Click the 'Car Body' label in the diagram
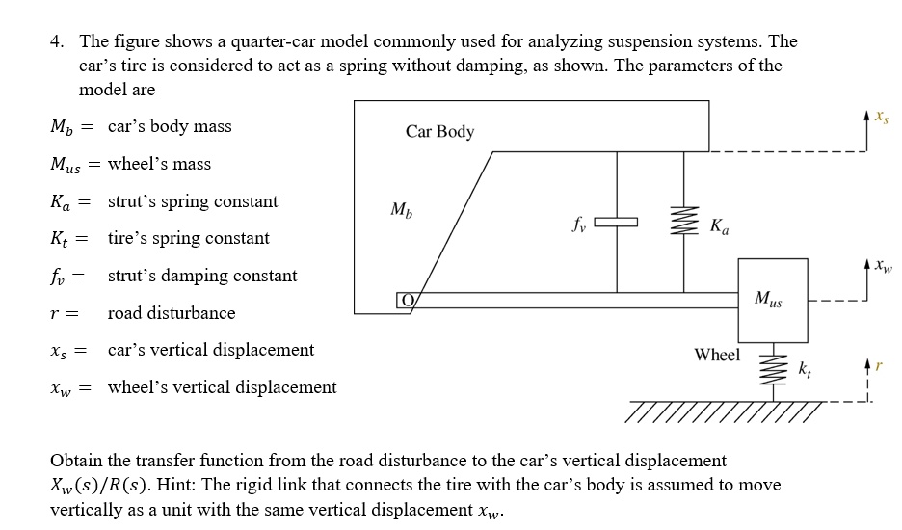(439, 132)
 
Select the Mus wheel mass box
(774, 300)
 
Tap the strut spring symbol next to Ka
(685, 224)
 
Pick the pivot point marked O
(406, 301)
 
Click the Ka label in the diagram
(719, 227)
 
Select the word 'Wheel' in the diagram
(717, 355)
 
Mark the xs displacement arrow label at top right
(882, 118)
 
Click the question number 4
(57, 42)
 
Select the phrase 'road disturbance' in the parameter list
(171, 313)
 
